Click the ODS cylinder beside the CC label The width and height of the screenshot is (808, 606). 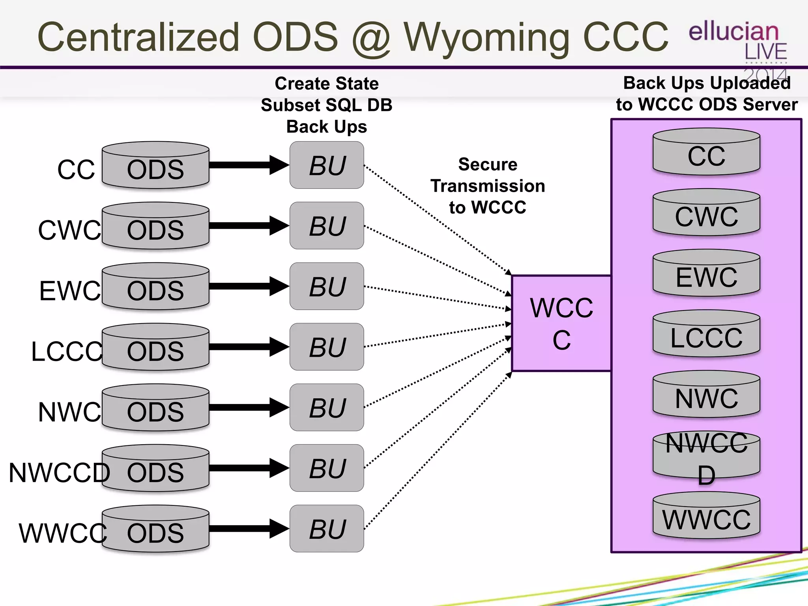(155, 166)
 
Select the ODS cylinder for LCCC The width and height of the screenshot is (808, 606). (155, 348)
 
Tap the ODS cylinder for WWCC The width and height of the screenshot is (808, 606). (155, 529)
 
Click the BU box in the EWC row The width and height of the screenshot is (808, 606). (327, 286)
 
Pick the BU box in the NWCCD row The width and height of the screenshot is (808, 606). (327, 468)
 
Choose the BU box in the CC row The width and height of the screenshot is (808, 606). (327, 165)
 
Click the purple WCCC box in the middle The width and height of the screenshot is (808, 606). (561, 324)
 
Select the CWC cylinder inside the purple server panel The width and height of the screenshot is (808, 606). (706, 213)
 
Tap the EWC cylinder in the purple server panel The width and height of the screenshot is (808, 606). (706, 274)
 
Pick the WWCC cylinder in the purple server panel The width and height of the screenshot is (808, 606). (706, 517)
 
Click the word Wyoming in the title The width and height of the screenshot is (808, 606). (486, 38)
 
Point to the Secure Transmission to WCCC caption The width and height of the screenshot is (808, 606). (488, 186)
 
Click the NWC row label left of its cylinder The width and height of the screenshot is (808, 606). (69, 412)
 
